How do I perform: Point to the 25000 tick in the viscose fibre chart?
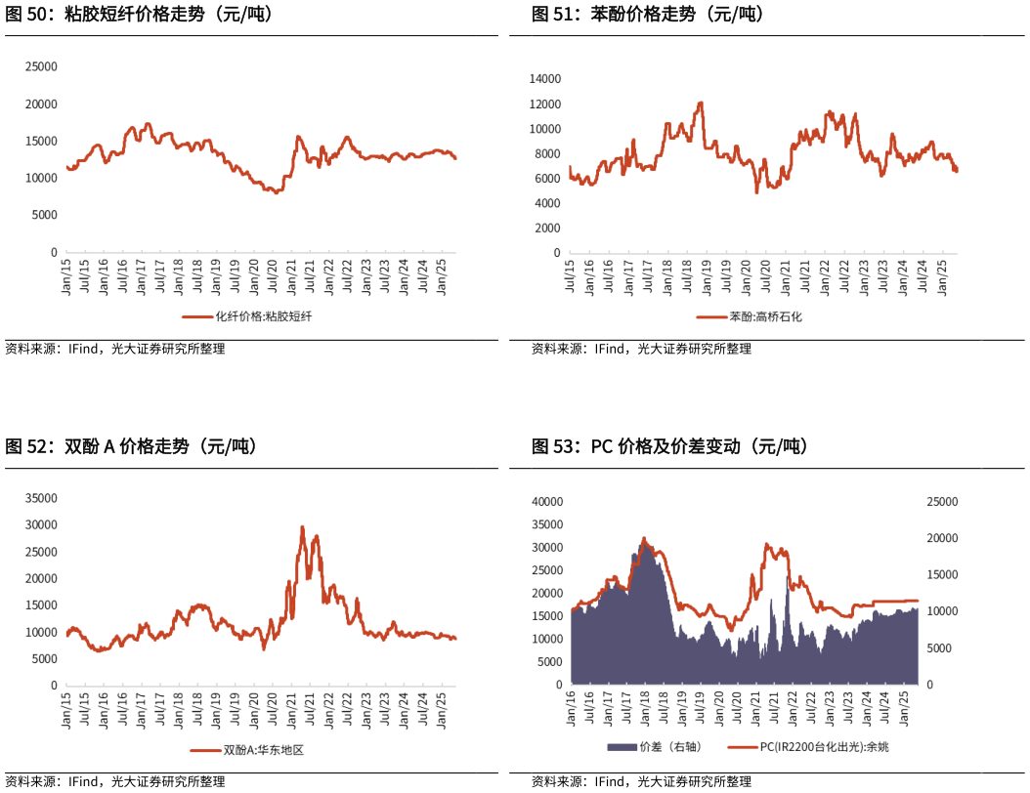[x=41, y=67]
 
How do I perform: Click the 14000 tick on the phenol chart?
[x=544, y=79]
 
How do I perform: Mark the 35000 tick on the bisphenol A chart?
[x=41, y=498]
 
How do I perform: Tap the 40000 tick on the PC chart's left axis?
[x=548, y=501]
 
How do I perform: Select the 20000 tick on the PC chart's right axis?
[x=942, y=538]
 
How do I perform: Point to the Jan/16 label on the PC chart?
[x=572, y=709]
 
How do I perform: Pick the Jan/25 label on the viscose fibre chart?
[x=441, y=275]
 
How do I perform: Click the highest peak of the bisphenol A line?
[x=302, y=526]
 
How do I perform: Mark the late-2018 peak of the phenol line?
[x=701, y=103]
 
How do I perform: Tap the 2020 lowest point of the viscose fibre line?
[x=276, y=193]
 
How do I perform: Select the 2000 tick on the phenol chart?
[x=548, y=228]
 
